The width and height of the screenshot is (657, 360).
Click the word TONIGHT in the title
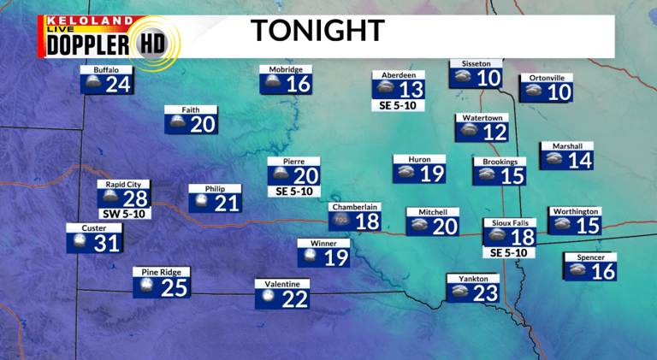point(317,31)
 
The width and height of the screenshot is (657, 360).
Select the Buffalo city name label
point(106,69)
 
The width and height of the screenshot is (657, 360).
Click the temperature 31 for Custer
point(108,244)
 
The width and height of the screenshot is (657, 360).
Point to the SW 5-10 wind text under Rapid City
point(125,214)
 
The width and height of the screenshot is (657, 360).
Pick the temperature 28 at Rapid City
point(135,199)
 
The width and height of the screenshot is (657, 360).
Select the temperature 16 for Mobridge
point(298,85)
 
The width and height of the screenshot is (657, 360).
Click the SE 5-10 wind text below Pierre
point(293,192)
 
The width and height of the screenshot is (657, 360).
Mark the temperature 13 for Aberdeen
point(411,90)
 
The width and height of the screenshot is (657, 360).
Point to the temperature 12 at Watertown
point(494,133)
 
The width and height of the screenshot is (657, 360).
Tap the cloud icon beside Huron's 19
point(406,173)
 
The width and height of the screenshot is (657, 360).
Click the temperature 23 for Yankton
point(484,293)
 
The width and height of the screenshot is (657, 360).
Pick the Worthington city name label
point(575,211)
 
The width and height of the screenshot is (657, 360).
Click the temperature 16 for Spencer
point(603,272)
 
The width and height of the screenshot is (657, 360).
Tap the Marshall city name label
point(566,145)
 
